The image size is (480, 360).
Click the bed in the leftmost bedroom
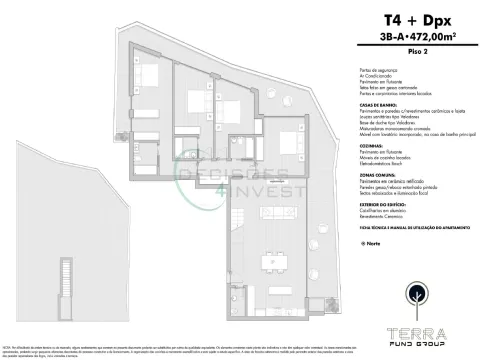[x=146, y=75]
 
